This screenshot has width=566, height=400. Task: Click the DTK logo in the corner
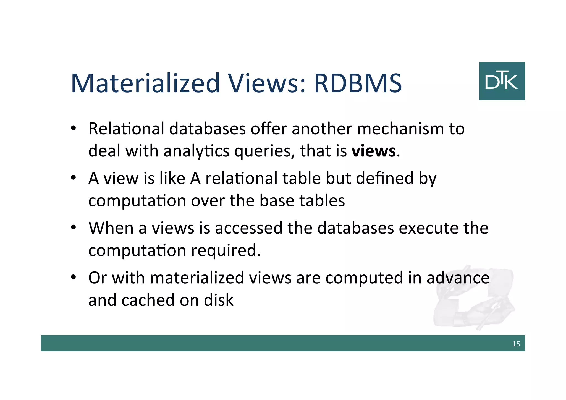pyautogui.click(x=502, y=81)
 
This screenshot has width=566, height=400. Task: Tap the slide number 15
pyautogui.click(x=516, y=344)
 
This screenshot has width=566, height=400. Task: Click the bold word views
pyautogui.click(x=374, y=151)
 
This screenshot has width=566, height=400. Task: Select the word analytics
pyautogui.click(x=196, y=151)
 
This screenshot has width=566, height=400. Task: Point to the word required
pyautogui.click(x=226, y=251)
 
